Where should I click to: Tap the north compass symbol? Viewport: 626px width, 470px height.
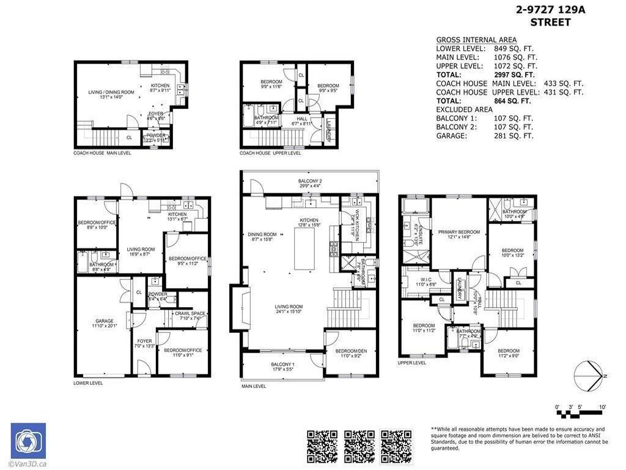coord(589,375)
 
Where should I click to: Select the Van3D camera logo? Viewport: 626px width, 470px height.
coord(28,441)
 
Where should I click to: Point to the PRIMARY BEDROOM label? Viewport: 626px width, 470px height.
coord(458,232)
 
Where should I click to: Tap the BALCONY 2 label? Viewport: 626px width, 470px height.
coord(310,182)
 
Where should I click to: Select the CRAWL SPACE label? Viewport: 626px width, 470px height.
coord(190,314)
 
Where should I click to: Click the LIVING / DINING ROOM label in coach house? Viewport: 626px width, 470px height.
coord(106,93)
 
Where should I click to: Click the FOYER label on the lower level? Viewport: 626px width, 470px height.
coord(144,341)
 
